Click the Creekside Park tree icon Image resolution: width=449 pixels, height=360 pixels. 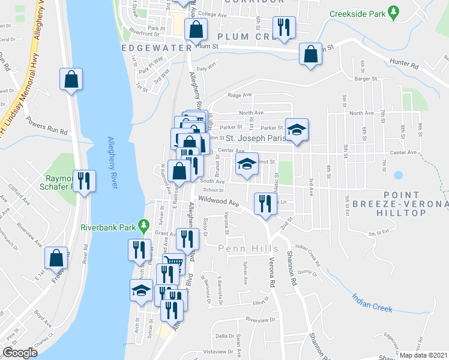click(393, 12)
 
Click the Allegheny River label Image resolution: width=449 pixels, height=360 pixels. click(112, 162)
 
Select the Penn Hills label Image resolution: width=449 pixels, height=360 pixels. click(240, 248)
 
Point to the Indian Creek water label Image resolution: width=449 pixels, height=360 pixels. click(372, 302)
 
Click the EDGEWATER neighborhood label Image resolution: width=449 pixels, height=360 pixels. click(155, 47)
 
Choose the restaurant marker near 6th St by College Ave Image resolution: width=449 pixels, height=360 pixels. click(282, 27)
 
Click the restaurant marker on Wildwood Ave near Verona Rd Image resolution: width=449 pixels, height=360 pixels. click(264, 203)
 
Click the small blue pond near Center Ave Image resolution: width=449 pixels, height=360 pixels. click(397, 176)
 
